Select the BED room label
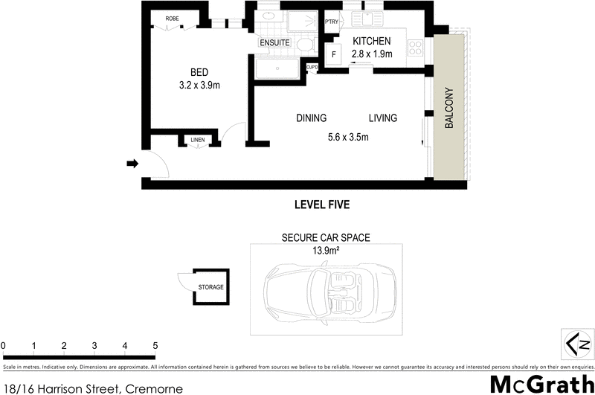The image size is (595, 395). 199,72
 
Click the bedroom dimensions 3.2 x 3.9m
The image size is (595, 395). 199,85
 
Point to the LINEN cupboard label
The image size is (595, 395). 197,140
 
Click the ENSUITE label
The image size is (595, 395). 274,43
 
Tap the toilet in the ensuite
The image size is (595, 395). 303,45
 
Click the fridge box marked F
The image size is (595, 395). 334,55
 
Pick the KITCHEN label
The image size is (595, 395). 371,40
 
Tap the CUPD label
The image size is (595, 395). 312,68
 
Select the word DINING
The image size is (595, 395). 311,118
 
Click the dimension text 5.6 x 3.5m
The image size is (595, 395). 349,137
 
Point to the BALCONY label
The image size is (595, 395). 449,109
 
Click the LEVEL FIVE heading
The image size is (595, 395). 322,205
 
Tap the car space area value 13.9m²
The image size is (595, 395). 325,251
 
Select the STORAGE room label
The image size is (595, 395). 210,287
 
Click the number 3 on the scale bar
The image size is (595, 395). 94,346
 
